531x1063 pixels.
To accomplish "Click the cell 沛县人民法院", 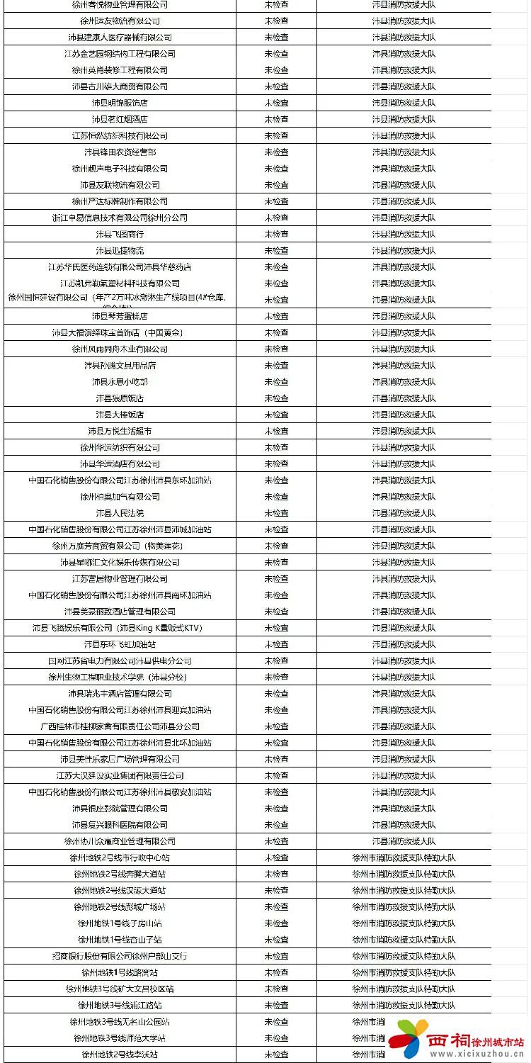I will pyautogui.click(x=120, y=513).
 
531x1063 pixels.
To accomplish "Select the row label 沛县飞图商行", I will pyautogui.click(x=120, y=234).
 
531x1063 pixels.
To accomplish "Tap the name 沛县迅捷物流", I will pyautogui.click(x=120, y=250).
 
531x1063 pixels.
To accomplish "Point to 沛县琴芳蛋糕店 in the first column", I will pyautogui.click(x=120, y=316).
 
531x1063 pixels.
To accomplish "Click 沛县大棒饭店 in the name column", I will pyautogui.click(x=120, y=415).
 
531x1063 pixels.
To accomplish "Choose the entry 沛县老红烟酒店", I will pyautogui.click(x=120, y=119).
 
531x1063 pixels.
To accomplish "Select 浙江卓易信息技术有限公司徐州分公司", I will pyautogui.click(x=120, y=218).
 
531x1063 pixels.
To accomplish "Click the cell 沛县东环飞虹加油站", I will pyautogui.click(x=120, y=644).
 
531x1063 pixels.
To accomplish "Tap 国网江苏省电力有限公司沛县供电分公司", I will pyautogui.click(x=120, y=660).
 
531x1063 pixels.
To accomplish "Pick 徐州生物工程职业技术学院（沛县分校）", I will pyautogui.click(x=120, y=677).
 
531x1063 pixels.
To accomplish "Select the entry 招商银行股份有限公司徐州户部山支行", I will pyautogui.click(x=120, y=956).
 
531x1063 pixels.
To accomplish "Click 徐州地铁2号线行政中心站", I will pyautogui.click(x=120, y=857).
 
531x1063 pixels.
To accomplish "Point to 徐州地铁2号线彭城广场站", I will pyautogui.click(x=120, y=907).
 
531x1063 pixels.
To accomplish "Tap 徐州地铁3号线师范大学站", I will pyautogui.click(x=120, y=1038).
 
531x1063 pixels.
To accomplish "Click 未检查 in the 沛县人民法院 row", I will pyautogui.click(x=276, y=513).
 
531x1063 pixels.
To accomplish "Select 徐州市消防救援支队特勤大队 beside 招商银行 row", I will pyautogui.click(x=404, y=956).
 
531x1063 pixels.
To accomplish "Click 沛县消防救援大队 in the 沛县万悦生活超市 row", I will pyautogui.click(x=404, y=431).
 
